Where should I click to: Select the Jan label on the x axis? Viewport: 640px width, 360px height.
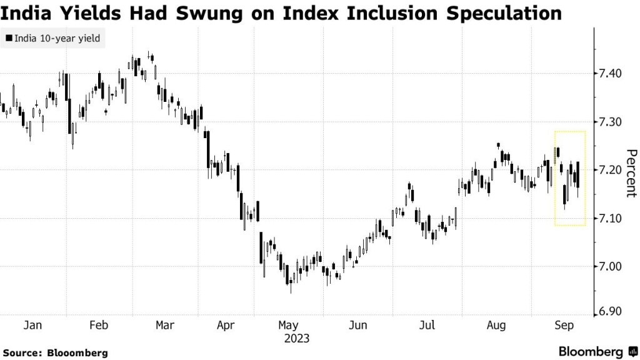[x=32, y=325]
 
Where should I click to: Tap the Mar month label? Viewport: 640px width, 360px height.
[x=164, y=325]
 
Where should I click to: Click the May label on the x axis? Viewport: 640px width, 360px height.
[x=288, y=325]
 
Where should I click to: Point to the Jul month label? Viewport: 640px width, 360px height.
[x=427, y=325]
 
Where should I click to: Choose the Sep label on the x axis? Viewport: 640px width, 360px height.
[x=564, y=325]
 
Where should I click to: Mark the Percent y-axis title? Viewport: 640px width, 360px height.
[x=631, y=173]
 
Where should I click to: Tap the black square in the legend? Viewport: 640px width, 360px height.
[x=8, y=39]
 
